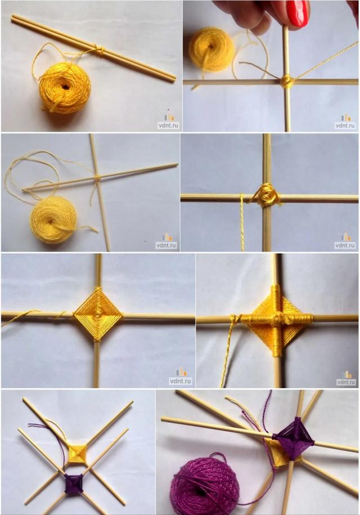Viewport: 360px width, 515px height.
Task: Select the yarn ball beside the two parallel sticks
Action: tap(65, 88)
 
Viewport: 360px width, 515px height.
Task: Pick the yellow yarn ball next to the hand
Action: tap(211, 50)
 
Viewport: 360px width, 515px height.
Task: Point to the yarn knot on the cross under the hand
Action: tap(286, 80)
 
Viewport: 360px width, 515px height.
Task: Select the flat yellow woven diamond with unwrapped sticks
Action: tap(98, 315)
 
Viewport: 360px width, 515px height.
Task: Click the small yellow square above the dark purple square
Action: tap(78, 453)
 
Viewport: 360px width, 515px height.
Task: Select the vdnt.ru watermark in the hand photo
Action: tap(345, 122)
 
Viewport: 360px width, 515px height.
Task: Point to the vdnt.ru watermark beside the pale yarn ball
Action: tap(166, 241)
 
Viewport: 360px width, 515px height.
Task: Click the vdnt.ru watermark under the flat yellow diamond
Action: tap(180, 377)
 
